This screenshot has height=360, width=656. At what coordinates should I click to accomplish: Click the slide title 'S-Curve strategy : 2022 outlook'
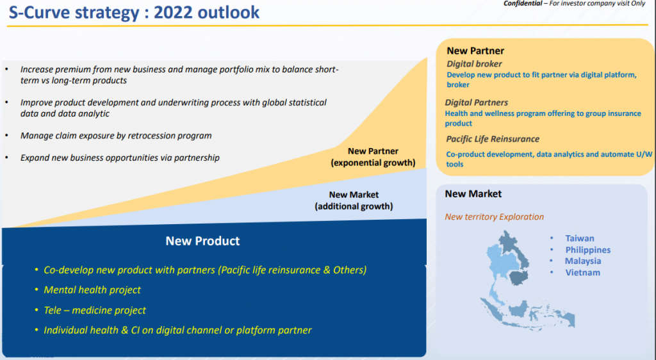(x=134, y=12)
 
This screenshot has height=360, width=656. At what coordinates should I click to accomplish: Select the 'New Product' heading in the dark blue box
(x=202, y=241)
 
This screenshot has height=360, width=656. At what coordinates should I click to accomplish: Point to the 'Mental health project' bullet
(x=92, y=290)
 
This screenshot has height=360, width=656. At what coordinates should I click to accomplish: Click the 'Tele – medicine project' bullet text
(x=95, y=310)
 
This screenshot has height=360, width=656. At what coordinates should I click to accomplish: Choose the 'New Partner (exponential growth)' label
(x=373, y=157)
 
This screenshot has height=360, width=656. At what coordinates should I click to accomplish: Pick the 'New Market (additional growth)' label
(x=354, y=200)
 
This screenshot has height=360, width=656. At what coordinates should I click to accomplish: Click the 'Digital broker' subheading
(x=474, y=64)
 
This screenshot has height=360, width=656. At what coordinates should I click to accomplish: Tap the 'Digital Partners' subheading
(x=477, y=102)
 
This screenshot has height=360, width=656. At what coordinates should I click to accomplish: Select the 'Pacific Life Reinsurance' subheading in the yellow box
(x=493, y=139)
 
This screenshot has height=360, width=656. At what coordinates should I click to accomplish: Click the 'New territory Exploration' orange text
(x=494, y=217)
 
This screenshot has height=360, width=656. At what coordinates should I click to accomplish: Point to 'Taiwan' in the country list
(x=580, y=238)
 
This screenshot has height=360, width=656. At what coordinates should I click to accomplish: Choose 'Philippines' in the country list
(x=588, y=250)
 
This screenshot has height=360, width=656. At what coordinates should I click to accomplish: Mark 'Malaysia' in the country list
(x=583, y=261)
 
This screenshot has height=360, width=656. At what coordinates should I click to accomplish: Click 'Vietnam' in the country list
(x=583, y=273)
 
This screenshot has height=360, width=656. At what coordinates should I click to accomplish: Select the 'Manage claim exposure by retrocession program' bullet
(x=116, y=135)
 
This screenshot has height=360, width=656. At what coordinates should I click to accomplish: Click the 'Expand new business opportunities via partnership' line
(x=120, y=158)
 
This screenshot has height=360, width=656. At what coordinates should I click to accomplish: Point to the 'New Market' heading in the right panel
(x=473, y=194)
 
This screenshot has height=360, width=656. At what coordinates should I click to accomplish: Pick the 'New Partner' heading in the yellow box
(x=475, y=51)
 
